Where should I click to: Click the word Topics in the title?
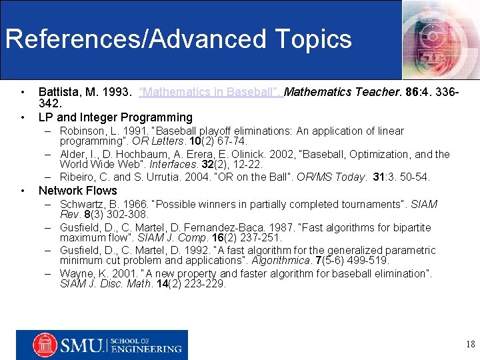click(317, 39)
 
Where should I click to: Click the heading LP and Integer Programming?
click(115, 117)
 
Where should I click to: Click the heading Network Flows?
click(78, 191)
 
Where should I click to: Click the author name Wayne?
click(75, 273)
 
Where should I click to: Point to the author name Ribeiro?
click(78, 177)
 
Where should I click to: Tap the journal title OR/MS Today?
click(334, 177)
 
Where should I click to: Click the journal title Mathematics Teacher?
click(337, 91)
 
